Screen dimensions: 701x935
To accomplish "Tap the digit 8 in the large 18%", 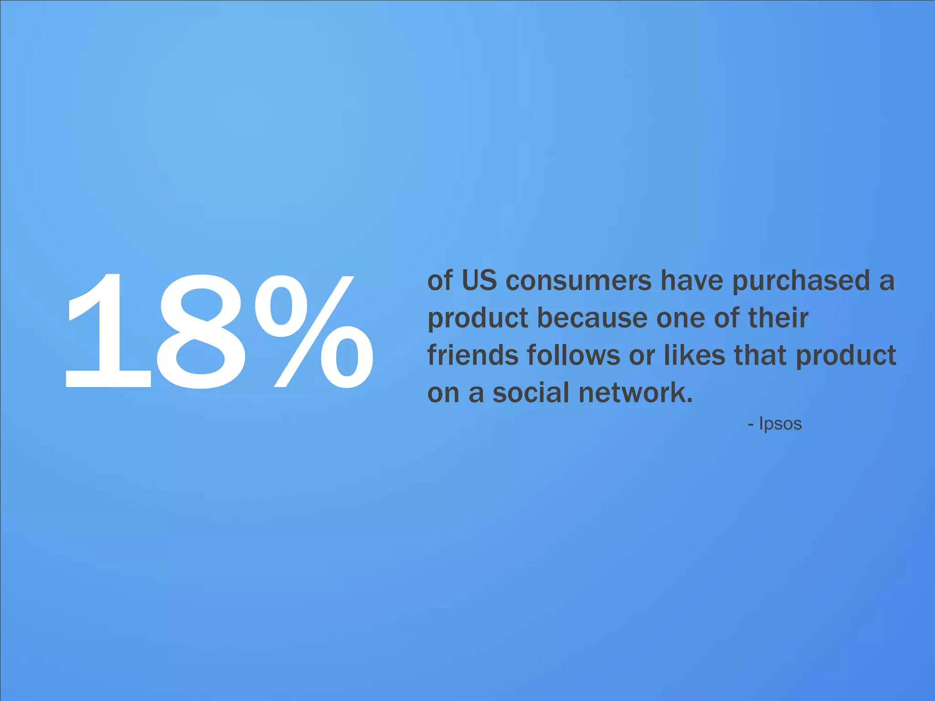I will point(201,331).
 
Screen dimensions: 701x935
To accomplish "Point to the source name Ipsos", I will point(780,424).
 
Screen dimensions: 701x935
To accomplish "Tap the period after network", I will point(689,401).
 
